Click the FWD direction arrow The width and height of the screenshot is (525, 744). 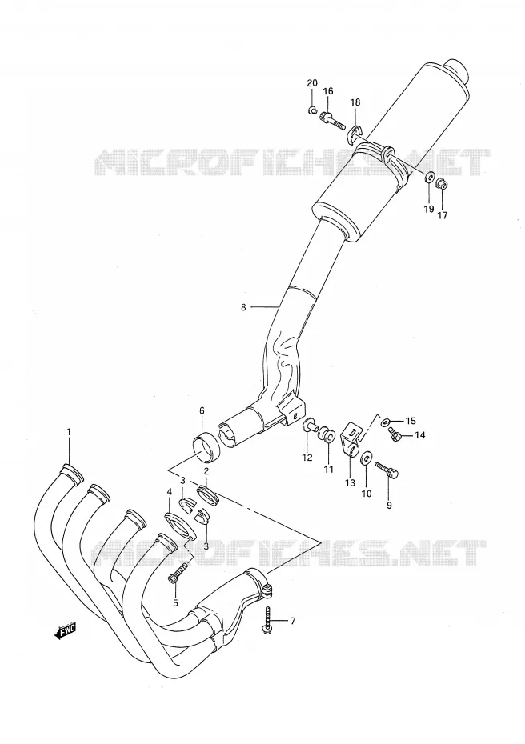(65, 630)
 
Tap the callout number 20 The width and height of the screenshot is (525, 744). (312, 83)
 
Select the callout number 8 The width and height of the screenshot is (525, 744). (243, 307)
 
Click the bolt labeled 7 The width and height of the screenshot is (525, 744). (268, 618)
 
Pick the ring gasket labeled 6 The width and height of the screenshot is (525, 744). (206, 448)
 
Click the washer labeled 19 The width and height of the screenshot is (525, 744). (429, 178)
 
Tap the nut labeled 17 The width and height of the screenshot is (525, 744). (442, 184)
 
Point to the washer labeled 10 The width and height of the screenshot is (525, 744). (366, 459)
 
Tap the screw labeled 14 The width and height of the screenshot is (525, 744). (395, 434)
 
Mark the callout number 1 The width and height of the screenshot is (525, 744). (69, 432)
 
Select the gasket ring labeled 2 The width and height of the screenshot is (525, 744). (207, 494)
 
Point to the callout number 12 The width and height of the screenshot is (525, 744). (307, 458)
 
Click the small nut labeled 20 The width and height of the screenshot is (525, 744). (311, 111)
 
